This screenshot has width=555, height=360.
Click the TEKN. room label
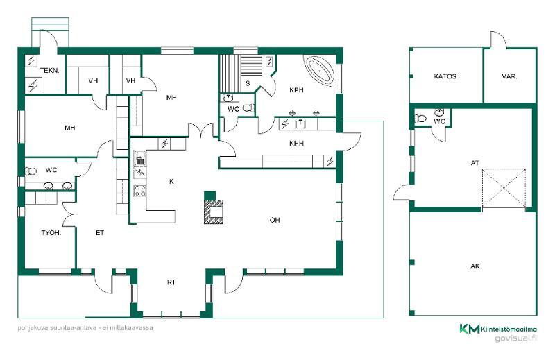(49, 71)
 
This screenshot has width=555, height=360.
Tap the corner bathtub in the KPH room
(320, 71)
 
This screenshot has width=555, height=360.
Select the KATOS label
(445, 76)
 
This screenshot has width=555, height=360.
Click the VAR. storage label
(509, 76)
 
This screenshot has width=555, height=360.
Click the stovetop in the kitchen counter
(140, 191)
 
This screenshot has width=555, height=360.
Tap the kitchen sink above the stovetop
(140, 158)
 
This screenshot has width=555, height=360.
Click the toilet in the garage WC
(420, 118)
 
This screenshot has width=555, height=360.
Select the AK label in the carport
(475, 266)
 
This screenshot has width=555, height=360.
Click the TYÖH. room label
(51, 233)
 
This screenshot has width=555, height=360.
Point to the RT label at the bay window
(171, 282)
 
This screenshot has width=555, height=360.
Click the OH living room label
(275, 220)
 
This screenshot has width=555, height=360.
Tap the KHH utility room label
(297, 144)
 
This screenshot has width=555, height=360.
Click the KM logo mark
(470, 329)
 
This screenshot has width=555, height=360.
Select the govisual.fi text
(515, 338)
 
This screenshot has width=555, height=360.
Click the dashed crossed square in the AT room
(504, 188)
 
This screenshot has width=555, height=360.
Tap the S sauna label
(248, 83)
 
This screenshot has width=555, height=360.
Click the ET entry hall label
(100, 233)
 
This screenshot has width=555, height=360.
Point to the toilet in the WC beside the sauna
(249, 108)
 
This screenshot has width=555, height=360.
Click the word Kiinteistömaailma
(509, 329)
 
